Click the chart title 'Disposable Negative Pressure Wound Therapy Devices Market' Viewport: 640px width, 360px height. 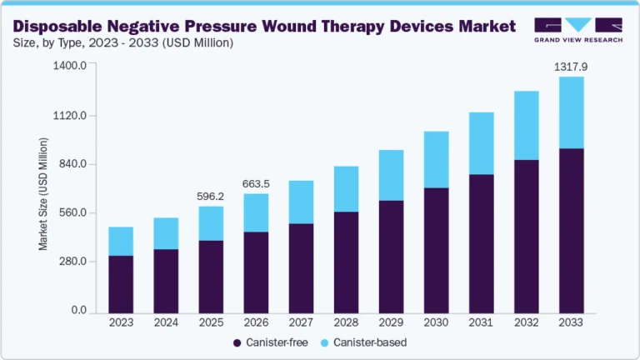click(264, 25)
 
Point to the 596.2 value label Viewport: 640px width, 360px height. click(211, 197)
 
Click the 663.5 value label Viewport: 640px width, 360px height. click(256, 184)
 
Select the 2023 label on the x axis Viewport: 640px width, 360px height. click(121, 322)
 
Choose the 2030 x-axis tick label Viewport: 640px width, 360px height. click(436, 322)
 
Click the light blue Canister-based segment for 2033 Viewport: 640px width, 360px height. click(571, 112)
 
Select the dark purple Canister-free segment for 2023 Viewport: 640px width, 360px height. click(121, 283)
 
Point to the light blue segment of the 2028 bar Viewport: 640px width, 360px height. click(346, 189)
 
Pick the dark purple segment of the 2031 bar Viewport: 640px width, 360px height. click(481, 242)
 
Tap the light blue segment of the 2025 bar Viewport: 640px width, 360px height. click(211, 223)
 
